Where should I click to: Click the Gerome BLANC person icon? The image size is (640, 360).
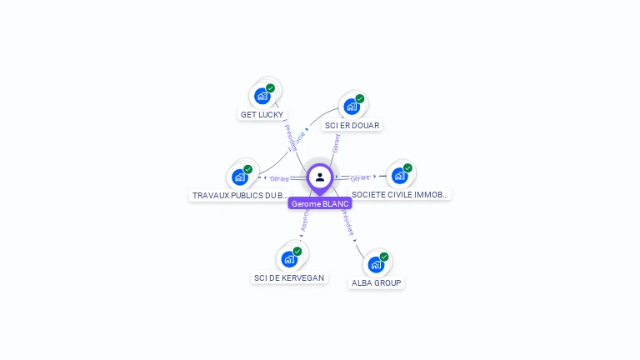[x=320, y=177]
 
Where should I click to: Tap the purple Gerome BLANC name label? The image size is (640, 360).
[x=320, y=203]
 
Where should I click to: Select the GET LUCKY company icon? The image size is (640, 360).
[x=262, y=96]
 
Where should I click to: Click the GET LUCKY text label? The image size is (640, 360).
[x=262, y=114]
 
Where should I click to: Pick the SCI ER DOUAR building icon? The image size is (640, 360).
[x=352, y=107]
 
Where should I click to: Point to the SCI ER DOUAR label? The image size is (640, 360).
[x=352, y=126]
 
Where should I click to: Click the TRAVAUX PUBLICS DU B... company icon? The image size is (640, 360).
[x=240, y=177]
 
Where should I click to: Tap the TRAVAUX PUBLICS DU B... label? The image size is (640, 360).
[x=240, y=195]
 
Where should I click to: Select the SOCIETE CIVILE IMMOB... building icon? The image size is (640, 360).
[x=400, y=176]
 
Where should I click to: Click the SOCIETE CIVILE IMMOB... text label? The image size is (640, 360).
[x=400, y=194]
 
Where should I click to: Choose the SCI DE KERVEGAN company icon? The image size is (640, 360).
[x=289, y=258]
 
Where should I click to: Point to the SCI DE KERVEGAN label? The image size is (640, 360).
[x=289, y=277]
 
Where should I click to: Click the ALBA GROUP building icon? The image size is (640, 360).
[x=376, y=265]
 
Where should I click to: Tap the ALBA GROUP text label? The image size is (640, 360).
[x=377, y=283]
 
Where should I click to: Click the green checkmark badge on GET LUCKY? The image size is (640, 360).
[x=270, y=87]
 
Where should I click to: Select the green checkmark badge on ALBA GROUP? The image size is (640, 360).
[x=384, y=257]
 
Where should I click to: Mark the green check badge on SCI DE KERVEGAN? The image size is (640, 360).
[x=297, y=251]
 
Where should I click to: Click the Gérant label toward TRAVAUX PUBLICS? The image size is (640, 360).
[x=279, y=178]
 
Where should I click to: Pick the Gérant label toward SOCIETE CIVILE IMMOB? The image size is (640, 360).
[x=360, y=178]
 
